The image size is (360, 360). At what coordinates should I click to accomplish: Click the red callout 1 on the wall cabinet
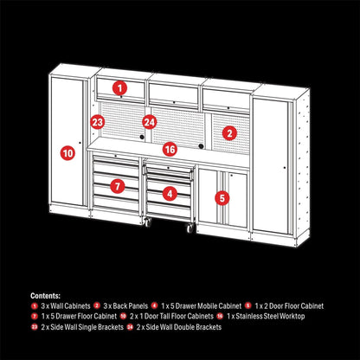click(x=119, y=87)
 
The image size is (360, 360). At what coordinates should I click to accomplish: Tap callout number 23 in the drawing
click(x=98, y=123)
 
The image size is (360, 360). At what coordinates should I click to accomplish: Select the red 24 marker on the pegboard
click(x=150, y=123)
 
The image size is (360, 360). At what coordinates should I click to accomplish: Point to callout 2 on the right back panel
click(x=228, y=132)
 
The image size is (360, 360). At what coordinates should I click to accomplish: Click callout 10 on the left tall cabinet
click(x=67, y=152)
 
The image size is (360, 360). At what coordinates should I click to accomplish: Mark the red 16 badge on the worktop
click(x=170, y=149)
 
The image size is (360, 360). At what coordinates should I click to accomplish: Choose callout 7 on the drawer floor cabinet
click(x=119, y=184)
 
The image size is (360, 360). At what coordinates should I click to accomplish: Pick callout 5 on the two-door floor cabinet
click(x=222, y=197)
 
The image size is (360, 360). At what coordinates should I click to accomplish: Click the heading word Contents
click(x=46, y=294)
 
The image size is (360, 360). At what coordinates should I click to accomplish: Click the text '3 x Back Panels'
click(x=126, y=305)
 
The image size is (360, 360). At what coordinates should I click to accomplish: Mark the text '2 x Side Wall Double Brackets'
click(x=177, y=326)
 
